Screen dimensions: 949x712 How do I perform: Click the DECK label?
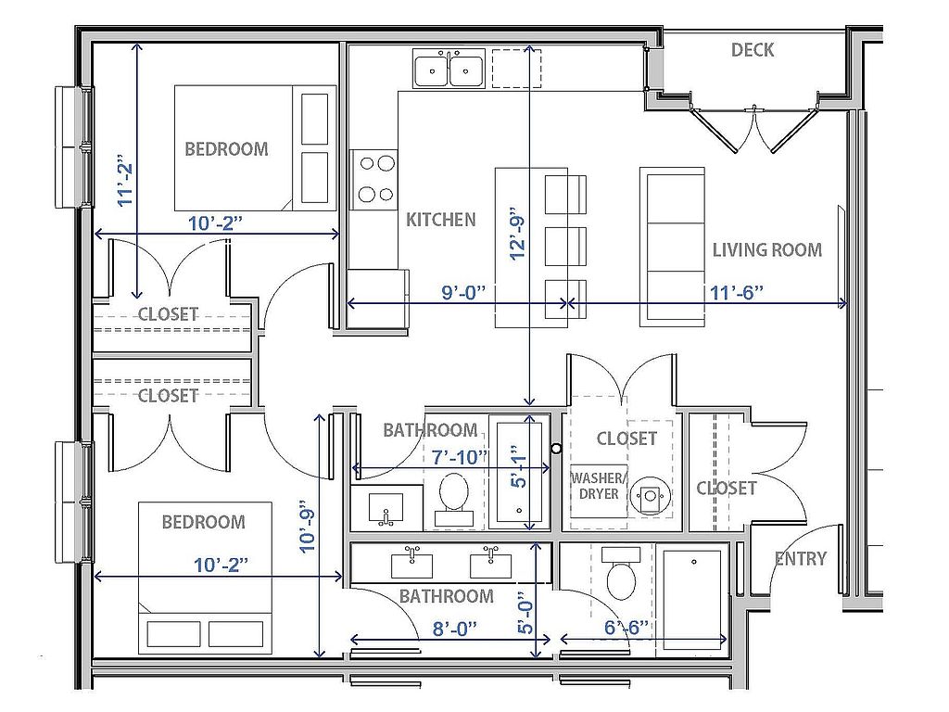753,50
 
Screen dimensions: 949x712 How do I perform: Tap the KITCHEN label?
440,220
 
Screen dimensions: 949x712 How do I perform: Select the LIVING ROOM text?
766,250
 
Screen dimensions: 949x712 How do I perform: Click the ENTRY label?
801,558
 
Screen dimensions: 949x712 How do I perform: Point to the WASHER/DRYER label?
598,486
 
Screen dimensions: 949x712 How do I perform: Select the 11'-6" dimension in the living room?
737,292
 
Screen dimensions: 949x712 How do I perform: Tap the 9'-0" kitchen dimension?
464,292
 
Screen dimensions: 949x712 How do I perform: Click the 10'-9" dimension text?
308,526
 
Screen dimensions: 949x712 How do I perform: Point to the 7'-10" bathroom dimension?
460,457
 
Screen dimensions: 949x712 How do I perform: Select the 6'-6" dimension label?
626,628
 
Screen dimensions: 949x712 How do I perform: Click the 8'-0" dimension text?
454,629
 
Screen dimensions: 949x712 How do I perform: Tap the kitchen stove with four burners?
374,180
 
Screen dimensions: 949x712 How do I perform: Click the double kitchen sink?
449,69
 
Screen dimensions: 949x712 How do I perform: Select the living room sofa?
673,247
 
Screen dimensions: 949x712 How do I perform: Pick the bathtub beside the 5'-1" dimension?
519,473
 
